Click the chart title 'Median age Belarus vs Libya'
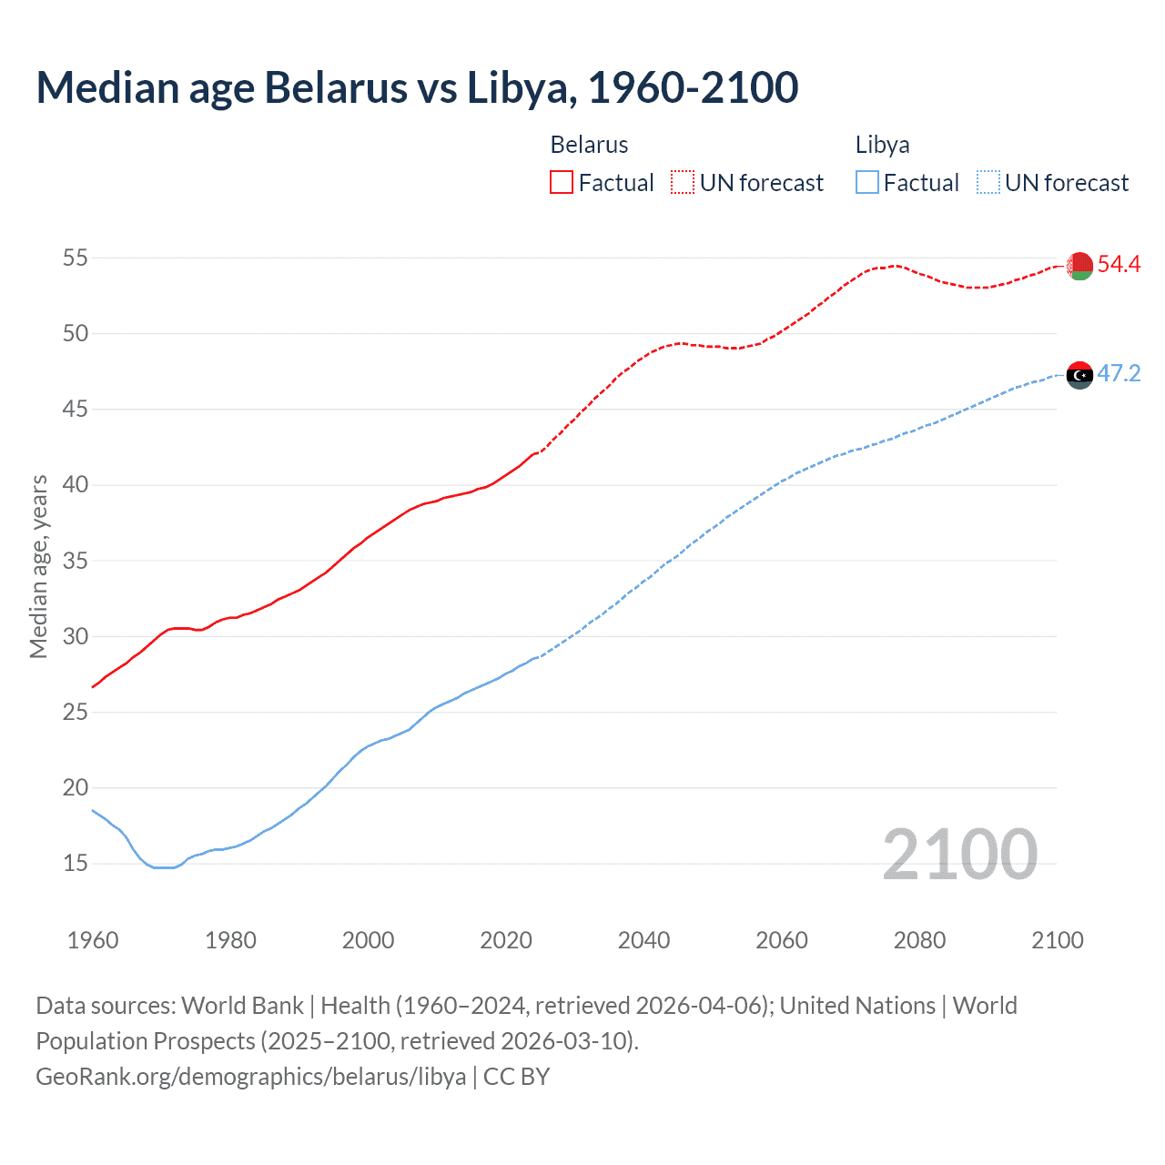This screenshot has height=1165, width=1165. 417,88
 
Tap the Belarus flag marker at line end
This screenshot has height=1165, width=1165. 1079,266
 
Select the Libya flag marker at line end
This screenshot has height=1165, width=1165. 1079,375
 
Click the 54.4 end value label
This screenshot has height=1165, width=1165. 1119,265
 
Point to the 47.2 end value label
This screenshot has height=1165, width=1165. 1119,374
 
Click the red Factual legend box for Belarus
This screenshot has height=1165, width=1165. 562,183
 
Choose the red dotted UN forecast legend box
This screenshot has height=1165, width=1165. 683,183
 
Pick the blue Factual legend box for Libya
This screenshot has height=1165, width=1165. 867,183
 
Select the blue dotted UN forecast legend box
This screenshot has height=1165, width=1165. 988,183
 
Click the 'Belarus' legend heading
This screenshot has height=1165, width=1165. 589,146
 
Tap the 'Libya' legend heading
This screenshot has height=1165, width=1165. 882,146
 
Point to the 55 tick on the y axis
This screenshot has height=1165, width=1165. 76,258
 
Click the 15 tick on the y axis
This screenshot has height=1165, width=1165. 76,863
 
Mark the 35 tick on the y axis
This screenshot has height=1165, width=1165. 76,561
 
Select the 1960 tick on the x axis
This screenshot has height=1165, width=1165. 93,940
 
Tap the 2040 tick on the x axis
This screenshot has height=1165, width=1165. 643,940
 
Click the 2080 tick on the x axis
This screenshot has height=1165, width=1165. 919,940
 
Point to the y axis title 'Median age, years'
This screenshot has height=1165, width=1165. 38,566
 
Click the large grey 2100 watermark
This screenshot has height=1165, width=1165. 959,855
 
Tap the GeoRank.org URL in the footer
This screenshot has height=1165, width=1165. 250,1077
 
